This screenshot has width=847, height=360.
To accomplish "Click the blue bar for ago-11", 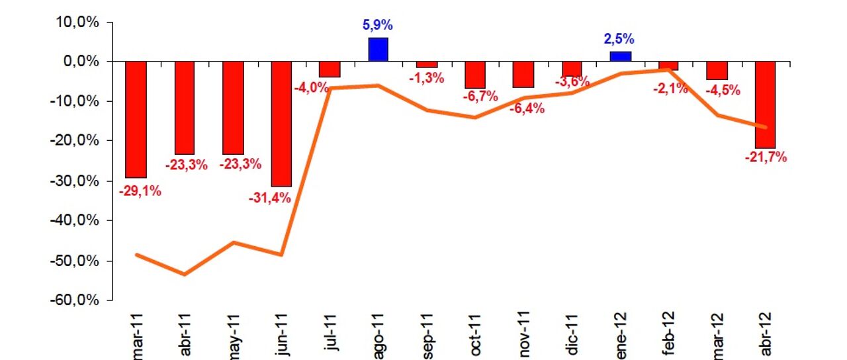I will click(379, 50).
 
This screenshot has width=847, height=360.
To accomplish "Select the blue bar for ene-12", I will click(621, 56).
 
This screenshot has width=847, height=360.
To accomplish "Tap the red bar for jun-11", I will click(281, 124).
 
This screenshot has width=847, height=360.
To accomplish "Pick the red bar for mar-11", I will click(136, 120).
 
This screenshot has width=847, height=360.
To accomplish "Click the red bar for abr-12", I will click(766, 105).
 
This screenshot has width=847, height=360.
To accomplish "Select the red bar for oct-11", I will click(475, 75).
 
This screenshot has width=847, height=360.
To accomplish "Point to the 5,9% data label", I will click(378, 26).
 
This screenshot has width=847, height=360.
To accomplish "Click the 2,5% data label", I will click(620, 39).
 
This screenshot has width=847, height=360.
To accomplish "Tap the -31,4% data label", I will click(269, 197).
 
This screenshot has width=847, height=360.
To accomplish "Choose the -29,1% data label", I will click(140, 191).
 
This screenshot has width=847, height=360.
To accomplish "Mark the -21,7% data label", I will click(766, 157).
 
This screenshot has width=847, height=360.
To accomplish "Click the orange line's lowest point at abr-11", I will click(185, 274).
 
